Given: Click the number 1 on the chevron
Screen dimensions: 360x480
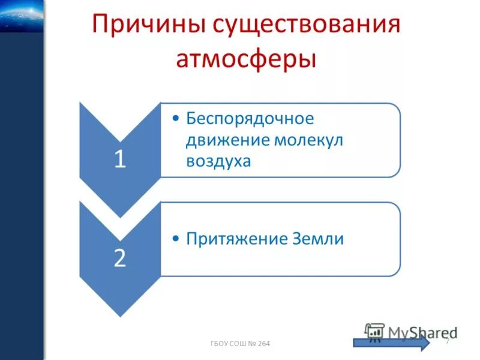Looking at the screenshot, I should tap(120, 160).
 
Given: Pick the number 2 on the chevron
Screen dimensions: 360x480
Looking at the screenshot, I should tap(120, 257).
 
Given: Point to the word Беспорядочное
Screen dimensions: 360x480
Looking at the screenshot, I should tap(250, 118).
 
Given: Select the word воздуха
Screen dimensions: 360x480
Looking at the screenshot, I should tap(218, 161).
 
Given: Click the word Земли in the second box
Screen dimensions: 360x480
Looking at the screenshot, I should tap(320, 238).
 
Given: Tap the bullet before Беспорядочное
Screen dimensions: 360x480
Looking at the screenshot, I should tap(175, 119).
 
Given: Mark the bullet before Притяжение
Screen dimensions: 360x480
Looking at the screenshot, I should tap(175, 239).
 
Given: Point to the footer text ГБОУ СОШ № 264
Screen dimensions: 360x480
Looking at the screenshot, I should tap(241, 343).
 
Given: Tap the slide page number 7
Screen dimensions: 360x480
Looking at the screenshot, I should tap(447, 341).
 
